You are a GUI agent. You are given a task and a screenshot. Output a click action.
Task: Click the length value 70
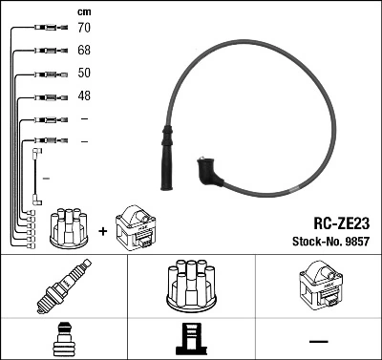coord(85,30)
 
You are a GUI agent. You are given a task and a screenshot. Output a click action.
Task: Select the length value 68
coord(85,51)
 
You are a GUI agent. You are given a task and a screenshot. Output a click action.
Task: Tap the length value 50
coord(85,74)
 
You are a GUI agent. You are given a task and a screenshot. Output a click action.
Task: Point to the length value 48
coord(85,96)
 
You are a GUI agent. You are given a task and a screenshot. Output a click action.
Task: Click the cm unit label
coord(84,11)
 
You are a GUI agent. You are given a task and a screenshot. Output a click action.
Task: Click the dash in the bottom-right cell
coord(318,340)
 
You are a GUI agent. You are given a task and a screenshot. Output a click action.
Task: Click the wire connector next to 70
coord(45,30)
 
